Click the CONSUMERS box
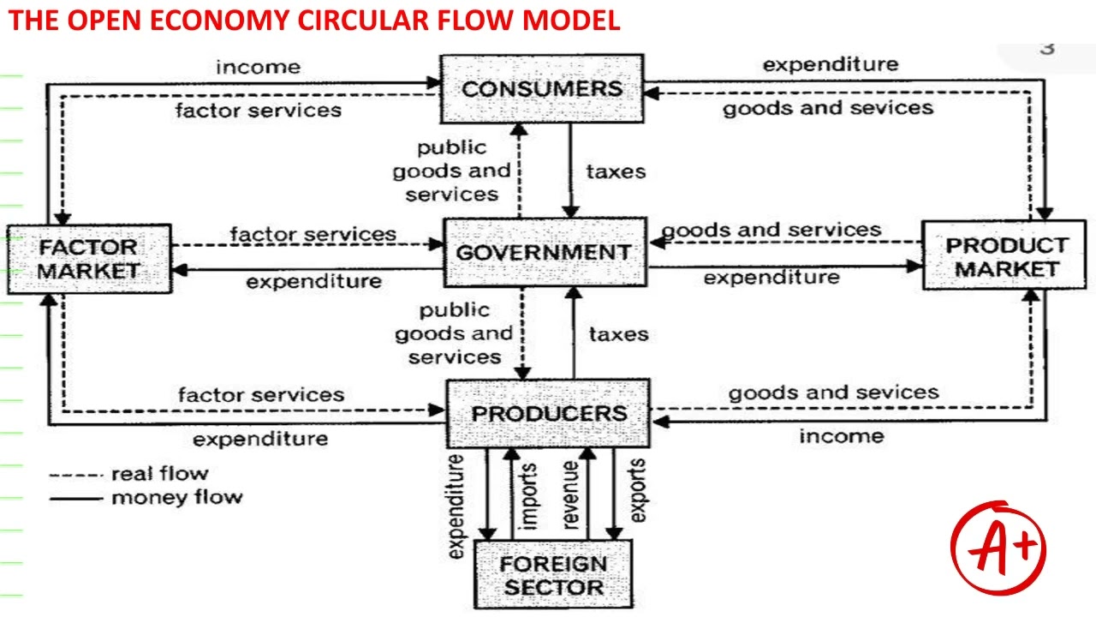(542, 88)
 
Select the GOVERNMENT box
(545, 252)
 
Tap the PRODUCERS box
(549, 413)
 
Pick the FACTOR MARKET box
(90, 259)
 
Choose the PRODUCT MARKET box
(1004, 255)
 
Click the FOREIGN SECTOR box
(553, 574)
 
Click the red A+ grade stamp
(998, 548)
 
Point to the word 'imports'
(528, 496)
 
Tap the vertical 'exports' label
(636, 491)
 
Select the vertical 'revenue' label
(570, 495)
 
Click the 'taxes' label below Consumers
(616, 172)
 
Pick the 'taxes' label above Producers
(619, 334)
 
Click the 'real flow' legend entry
(129, 474)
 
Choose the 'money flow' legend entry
(146, 498)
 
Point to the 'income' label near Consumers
(259, 67)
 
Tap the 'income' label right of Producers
(842, 436)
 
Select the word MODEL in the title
(571, 21)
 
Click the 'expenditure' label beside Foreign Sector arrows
(456, 506)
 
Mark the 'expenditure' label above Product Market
(831, 64)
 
